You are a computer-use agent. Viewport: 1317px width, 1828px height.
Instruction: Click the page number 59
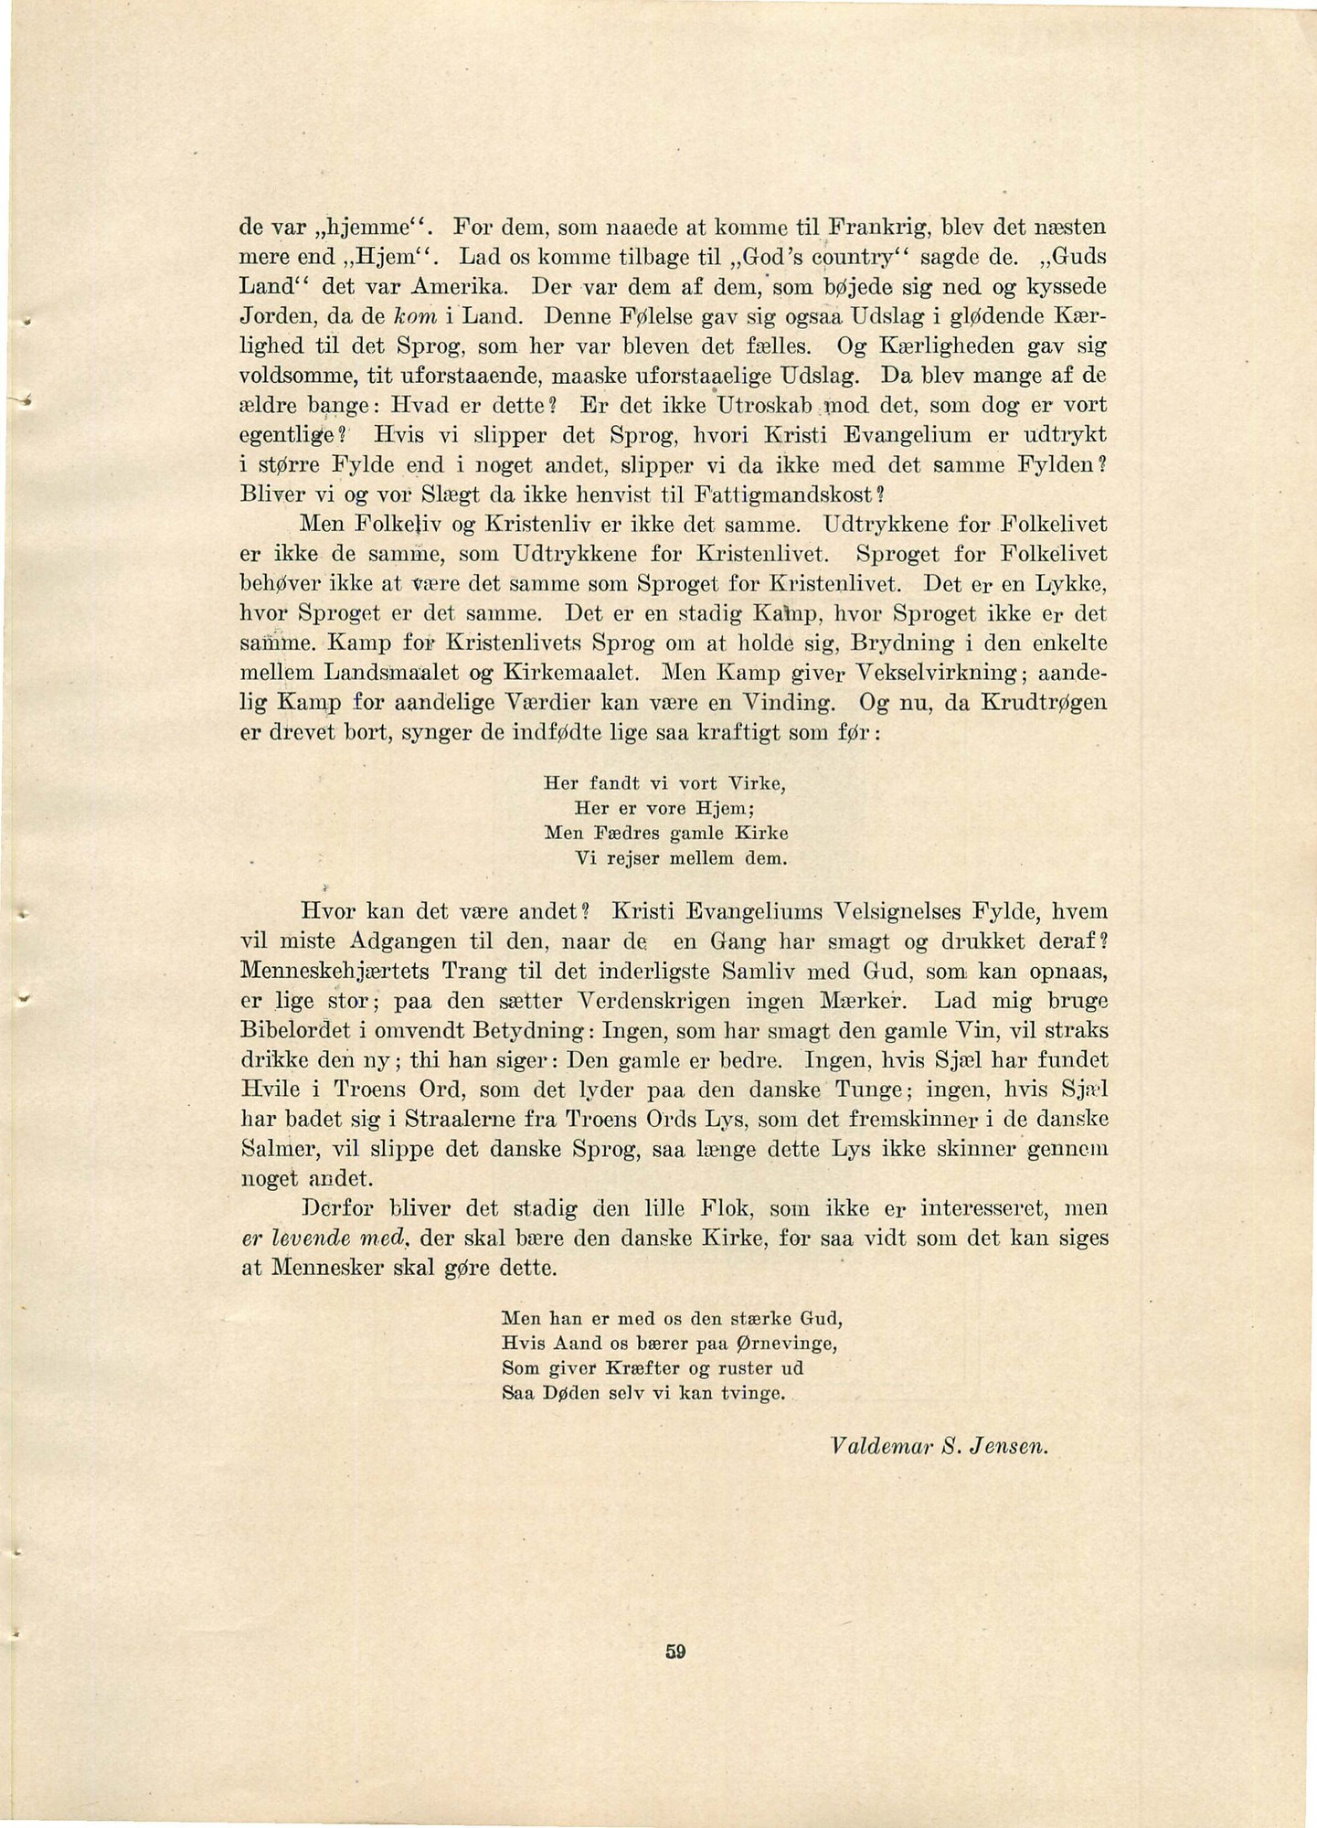[675, 1652]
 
